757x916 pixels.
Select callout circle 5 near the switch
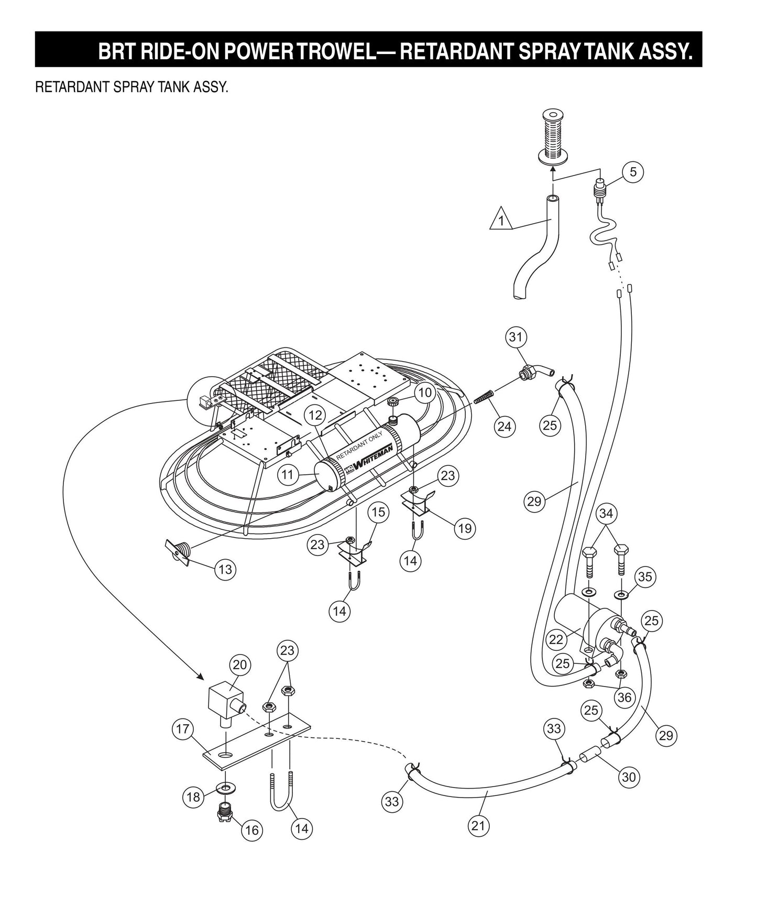(633, 172)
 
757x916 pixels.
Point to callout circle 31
(516, 336)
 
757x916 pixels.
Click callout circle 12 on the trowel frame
(315, 416)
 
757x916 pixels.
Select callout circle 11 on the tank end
(287, 475)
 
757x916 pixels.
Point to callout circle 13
(225, 569)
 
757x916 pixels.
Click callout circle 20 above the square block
(239, 665)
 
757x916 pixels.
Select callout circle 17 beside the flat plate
(183, 729)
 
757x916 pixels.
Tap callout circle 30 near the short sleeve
(629, 776)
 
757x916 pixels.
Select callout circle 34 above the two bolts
(606, 514)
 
